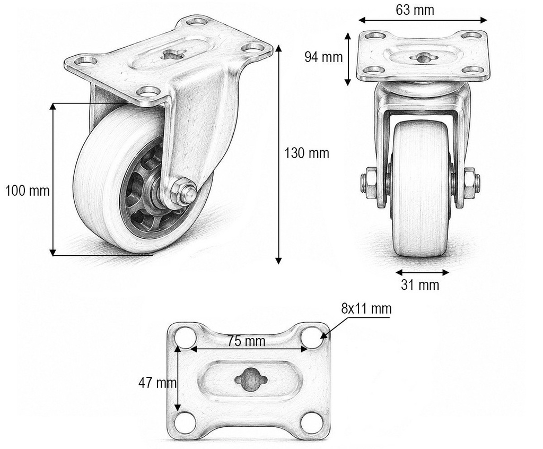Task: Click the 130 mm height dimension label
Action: [x=306, y=153]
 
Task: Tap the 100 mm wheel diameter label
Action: [x=28, y=191]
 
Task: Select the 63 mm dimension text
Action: [x=415, y=10]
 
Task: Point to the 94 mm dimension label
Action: [x=323, y=57]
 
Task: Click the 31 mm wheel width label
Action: [x=420, y=284]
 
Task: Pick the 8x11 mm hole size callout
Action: [x=366, y=308]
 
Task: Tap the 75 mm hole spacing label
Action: [x=246, y=341]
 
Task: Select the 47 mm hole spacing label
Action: [x=157, y=383]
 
